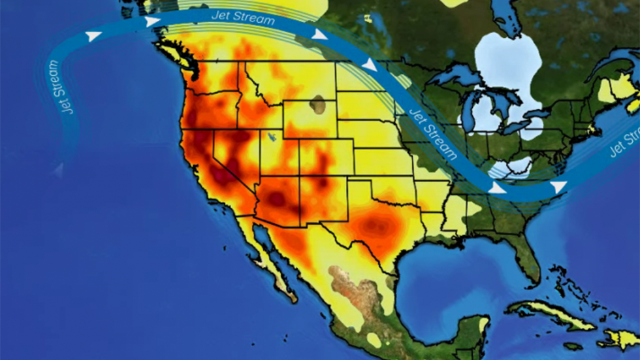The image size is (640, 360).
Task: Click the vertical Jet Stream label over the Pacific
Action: [60, 87]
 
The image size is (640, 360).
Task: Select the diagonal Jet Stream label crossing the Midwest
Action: [433, 135]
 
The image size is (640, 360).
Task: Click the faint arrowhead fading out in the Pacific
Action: [59, 171]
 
